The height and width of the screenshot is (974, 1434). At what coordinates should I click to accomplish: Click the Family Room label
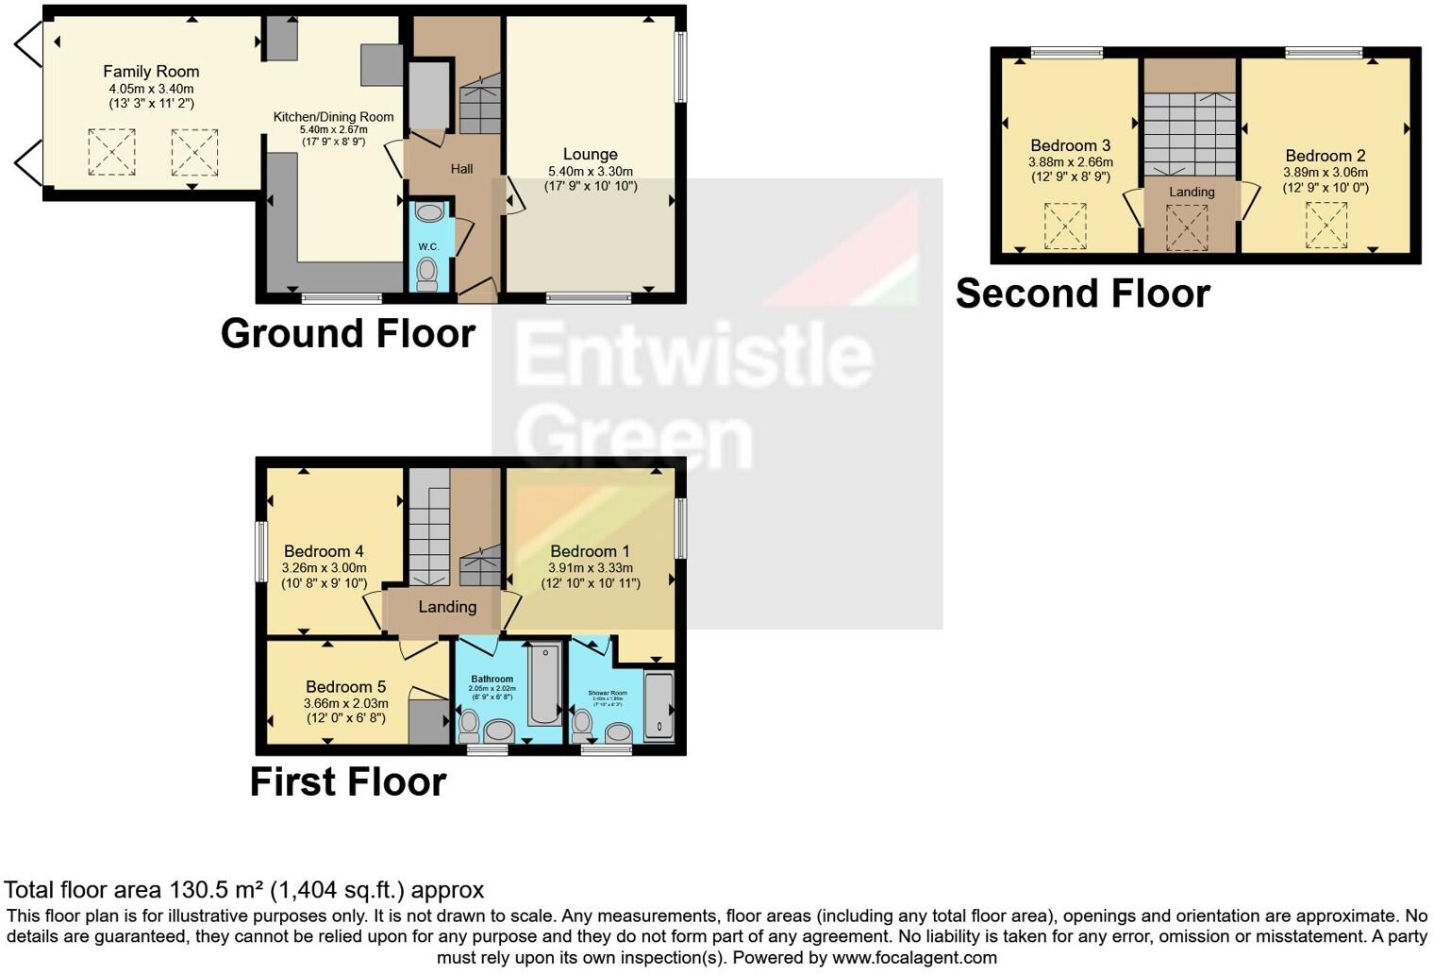pos(151,72)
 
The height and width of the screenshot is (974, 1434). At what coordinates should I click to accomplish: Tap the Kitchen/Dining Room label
pos(333,117)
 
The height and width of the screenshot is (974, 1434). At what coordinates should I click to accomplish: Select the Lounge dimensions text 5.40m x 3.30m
pos(590,172)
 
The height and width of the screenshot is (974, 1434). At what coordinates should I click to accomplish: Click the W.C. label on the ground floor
pos(428,246)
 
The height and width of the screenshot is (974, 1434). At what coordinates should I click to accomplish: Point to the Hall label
pos(461,169)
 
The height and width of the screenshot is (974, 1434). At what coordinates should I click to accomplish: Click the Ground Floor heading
pos(347,334)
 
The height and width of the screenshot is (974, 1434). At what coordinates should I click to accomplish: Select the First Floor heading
pos(347,782)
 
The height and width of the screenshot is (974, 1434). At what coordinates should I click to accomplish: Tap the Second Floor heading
pos(1082,294)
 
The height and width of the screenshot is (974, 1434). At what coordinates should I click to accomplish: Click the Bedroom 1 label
pos(590,551)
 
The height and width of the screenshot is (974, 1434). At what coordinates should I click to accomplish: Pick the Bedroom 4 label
pos(324,551)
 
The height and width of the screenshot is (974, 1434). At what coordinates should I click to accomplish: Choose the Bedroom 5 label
pos(345,687)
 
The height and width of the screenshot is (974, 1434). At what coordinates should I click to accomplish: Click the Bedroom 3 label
pos(1070,145)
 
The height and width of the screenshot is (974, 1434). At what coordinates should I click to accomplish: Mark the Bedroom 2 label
pos(1325,156)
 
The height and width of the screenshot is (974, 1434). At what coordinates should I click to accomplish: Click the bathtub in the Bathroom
pos(544,684)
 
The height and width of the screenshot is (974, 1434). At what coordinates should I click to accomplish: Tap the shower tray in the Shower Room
pos(659,705)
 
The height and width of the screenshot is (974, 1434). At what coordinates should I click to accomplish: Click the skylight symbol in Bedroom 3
pos(1065,227)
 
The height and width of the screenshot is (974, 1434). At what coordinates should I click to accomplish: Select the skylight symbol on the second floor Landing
pos(1186,227)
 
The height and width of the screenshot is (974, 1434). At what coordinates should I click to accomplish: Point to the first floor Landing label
pos(447,607)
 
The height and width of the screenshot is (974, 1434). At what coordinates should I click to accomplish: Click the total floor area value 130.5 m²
pos(217,890)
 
